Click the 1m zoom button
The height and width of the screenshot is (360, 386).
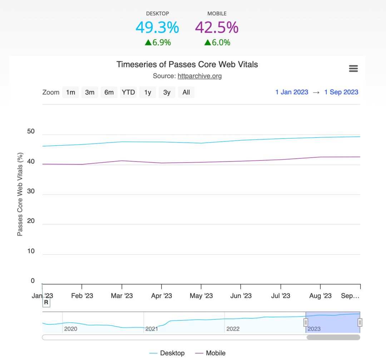point(71,92)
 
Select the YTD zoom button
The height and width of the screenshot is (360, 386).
point(128,92)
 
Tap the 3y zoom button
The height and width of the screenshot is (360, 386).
point(167,92)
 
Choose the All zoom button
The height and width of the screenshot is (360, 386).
point(186,92)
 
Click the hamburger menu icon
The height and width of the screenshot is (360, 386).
point(353,68)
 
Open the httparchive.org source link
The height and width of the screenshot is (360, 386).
point(200,76)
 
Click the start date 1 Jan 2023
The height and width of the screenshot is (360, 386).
point(292,92)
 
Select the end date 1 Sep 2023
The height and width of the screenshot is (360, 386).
point(341,92)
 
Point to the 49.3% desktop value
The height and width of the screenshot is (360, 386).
point(157,27)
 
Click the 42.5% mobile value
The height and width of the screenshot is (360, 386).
point(217,27)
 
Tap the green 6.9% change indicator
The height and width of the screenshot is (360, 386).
point(158,43)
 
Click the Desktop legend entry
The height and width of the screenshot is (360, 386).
point(167,353)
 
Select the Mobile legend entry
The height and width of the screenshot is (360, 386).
point(210,353)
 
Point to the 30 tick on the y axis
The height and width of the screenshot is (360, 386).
point(31,191)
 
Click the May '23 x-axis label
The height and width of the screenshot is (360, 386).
point(201,296)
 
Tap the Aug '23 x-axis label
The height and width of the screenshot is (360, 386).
point(320,296)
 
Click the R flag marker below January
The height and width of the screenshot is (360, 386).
point(46,302)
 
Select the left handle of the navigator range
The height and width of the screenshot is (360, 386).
point(306,322)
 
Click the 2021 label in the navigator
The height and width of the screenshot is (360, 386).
point(152,329)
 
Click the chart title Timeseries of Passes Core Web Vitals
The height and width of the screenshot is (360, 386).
point(187,64)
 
